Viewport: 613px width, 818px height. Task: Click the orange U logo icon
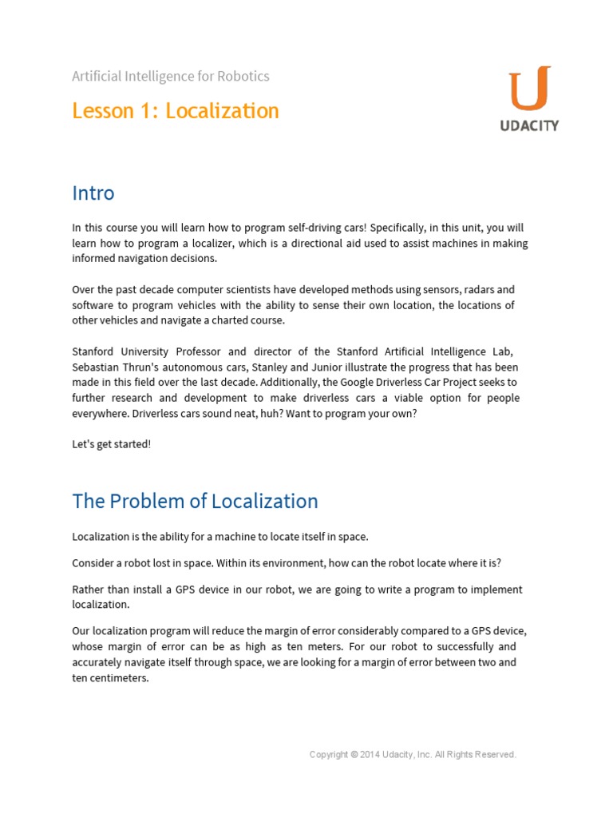click(529, 89)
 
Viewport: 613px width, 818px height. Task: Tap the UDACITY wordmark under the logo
click(529, 126)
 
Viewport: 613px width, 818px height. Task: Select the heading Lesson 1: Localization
click(176, 110)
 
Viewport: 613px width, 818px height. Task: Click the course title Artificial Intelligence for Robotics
click(171, 77)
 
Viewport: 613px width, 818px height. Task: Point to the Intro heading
click(93, 193)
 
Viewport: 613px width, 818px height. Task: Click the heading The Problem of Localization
click(195, 501)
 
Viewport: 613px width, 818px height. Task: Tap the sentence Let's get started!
click(111, 444)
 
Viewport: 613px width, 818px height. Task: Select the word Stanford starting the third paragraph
click(94, 351)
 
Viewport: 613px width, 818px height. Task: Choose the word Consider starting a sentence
click(94, 563)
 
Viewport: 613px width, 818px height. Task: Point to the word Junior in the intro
click(362, 367)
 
